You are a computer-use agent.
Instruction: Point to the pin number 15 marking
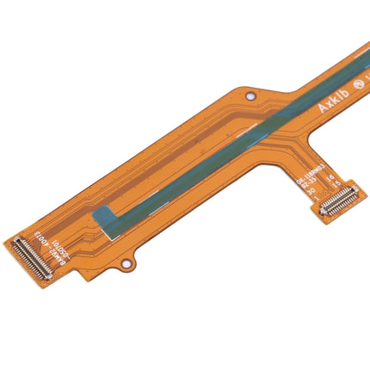click(x=336, y=187)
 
